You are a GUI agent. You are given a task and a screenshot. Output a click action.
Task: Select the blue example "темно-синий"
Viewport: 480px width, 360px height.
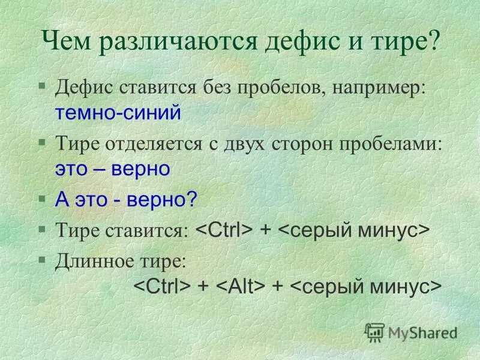click(x=118, y=113)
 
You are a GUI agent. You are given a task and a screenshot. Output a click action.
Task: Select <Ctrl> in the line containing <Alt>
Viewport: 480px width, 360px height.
click(x=161, y=286)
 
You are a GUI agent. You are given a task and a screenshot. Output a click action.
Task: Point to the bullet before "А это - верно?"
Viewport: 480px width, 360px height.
click(x=41, y=198)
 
